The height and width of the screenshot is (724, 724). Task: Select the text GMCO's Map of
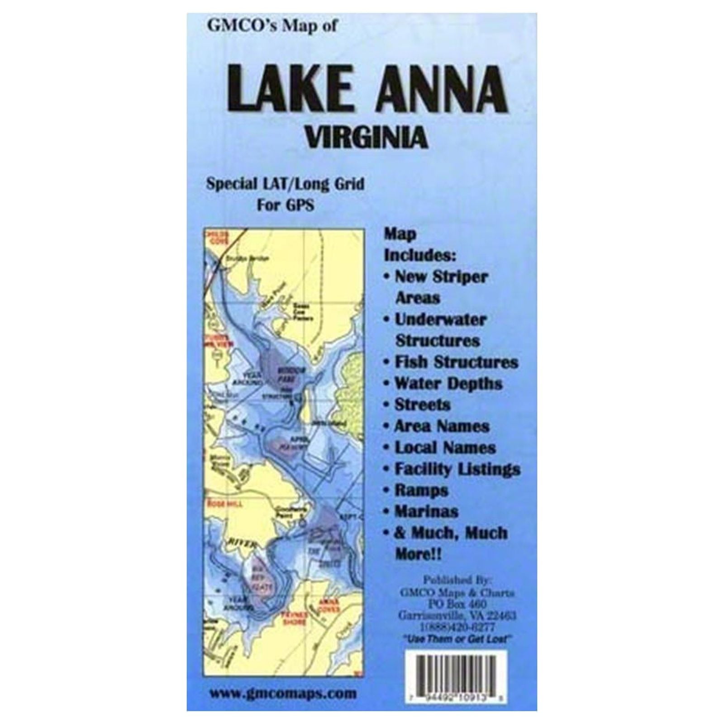coord(271,26)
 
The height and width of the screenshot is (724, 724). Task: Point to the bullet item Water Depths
coord(448,384)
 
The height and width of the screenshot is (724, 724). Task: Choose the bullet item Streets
coord(422,405)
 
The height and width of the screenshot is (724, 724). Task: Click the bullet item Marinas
coord(426,512)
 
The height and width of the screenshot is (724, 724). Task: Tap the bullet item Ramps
coord(421,491)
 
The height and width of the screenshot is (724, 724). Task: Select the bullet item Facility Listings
coord(457,469)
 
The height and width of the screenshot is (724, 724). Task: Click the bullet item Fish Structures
coord(456,362)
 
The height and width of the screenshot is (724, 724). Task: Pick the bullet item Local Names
coord(445,448)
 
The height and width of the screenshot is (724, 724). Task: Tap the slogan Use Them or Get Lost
coord(457,638)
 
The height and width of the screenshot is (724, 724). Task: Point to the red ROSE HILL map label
coord(219,503)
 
